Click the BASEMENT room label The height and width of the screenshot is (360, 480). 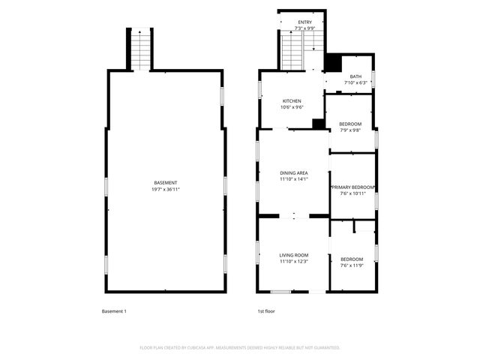[166, 183]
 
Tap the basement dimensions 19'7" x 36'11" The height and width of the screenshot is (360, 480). [166, 189]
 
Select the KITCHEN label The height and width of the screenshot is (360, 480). [292, 101]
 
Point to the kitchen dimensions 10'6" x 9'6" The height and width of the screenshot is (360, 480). [292, 107]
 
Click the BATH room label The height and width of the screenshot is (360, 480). [355, 76]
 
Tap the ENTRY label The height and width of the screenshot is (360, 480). [304, 22]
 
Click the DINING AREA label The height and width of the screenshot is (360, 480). [294, 173]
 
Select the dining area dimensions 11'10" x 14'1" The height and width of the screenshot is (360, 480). [294, 179]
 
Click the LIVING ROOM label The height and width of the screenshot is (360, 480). [294, 255]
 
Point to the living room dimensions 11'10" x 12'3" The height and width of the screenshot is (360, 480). [294, 261]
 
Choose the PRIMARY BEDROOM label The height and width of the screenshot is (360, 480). [353, 187]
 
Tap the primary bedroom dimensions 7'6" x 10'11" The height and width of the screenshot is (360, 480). [353, 193]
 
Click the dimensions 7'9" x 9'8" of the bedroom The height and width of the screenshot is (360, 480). [350, 130]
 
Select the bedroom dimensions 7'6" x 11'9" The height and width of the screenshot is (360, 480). [352, 265]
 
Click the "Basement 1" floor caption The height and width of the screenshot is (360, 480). [114, 311]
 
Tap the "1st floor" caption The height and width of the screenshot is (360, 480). [266, 311]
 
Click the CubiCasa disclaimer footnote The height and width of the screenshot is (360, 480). [240, 347]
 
